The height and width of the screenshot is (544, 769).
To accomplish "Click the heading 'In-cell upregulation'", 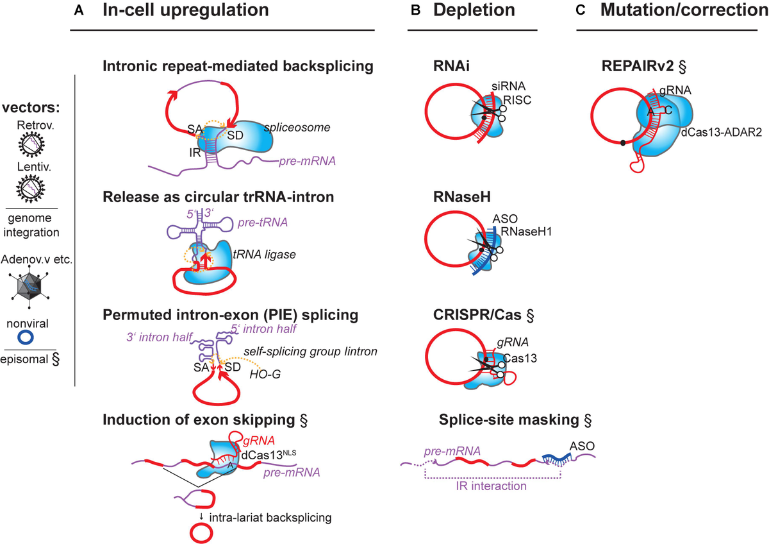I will (183, 11).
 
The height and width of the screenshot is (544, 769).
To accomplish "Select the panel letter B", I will (415, 11).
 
